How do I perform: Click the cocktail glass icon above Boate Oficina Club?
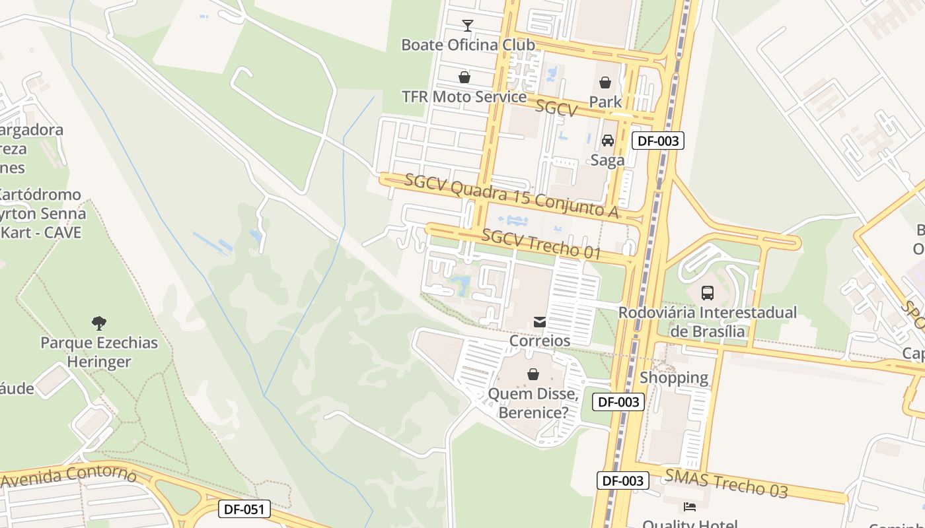[x=468, y=26]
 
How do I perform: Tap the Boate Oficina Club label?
[x=468, y=45]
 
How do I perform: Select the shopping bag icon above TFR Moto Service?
[x=464, y=77]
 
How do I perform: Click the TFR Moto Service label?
[x=464, y=97]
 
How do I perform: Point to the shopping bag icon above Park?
[x=605, y=82]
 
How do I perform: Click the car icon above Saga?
[x=607, y=141]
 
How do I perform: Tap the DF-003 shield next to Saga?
[x=657, y=141]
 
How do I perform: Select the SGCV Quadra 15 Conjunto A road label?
[x=511, y=195]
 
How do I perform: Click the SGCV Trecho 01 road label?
[x=541, y=244]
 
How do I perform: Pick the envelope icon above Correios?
[x=540, y=322]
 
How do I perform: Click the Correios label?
[x=540, y=341]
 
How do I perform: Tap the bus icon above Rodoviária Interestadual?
[x=707, y=292]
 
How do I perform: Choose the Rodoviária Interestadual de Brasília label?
[x=708, y=321]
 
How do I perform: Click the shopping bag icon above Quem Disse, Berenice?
[x=533, y=374]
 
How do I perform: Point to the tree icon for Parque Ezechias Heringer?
[x=99, y=323]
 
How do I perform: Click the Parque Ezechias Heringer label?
[x=99, y=352]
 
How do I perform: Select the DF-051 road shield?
[x=244, y=509]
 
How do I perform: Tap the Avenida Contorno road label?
[x=69, y=477]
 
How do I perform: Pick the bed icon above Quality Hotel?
[x=689, y=507]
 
